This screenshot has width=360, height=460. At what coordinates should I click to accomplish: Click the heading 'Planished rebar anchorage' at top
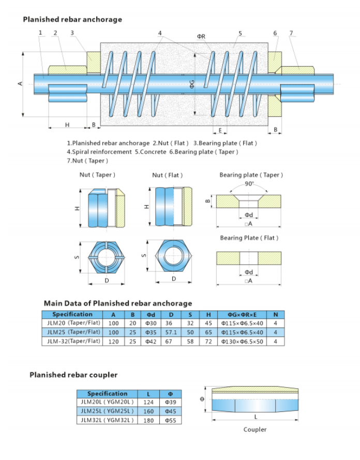click(x=72, y=19)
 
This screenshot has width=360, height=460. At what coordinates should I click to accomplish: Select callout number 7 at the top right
click(x=291, y=34)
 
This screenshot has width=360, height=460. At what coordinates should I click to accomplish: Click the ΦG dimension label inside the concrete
click(x=191, y=84)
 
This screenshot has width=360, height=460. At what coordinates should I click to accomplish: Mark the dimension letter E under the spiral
click(x=220, y=130)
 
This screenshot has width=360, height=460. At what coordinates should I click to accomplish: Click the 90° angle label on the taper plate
click(x=249, y=184)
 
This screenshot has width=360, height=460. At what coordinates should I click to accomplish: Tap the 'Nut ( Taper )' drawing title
click(x=97, y=175)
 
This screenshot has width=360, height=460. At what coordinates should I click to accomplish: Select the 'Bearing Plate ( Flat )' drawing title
click(x=249, y=238)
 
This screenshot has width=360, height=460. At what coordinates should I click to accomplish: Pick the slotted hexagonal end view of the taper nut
click(x=107, y=257)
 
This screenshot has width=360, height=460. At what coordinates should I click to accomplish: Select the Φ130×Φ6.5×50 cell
click(x=242, y=341)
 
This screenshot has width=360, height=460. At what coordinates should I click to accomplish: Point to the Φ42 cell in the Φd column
click(x=151, y=341)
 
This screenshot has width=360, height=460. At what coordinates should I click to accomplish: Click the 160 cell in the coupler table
click(x=149, y=411)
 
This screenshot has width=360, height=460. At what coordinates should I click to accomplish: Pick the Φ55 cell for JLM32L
click(x=170, y=420)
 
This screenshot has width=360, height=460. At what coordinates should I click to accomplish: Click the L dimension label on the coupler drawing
click(x=256, y=417)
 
